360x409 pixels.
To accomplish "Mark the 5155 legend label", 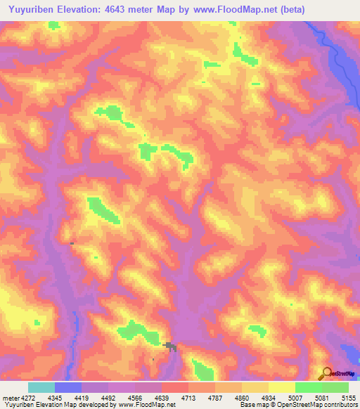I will [x=349, y=397].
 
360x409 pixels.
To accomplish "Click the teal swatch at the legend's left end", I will [x=41, y=387].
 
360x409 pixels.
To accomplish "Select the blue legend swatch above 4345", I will [x=68, y=387].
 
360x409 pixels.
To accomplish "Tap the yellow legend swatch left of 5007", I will [x=281, y=387].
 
